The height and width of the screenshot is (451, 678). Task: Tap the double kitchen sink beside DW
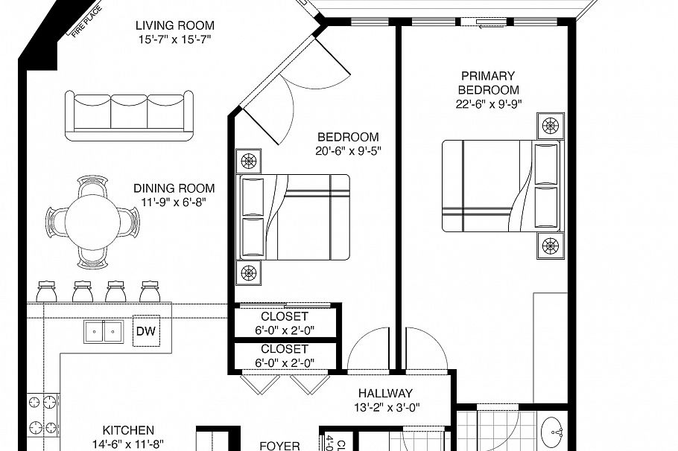(104, 331)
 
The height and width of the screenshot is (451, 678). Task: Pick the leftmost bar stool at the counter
(46, 291)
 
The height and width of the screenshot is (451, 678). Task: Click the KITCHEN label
(128, 430)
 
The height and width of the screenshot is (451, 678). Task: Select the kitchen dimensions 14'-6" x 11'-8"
(128, 444)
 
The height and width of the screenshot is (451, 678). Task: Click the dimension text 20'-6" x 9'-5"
(348, 151)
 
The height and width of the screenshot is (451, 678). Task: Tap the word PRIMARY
(488, 76)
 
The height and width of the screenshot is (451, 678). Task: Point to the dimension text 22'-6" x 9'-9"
(488, 104)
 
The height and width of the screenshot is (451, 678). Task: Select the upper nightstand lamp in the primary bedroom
(551, 126)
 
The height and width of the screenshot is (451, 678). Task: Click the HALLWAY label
(385, 393)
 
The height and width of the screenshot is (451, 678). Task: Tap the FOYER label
(279, 446)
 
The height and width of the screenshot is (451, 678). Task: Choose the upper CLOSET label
(285, 316)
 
